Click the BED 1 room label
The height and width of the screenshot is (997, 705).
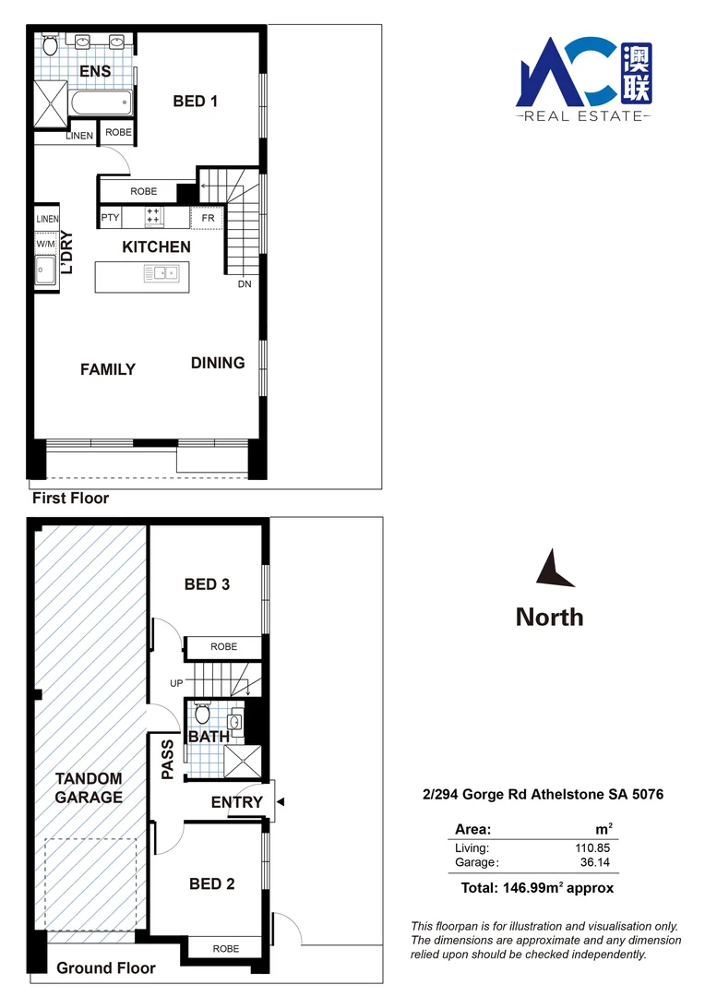click(x=195, y=102)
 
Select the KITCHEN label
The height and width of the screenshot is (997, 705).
click(x=157, y=247)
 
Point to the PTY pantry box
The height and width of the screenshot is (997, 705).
click(x=111, y=218)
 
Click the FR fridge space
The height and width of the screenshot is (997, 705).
click(x=209, y=218)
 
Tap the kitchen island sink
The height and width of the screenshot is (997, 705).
click(x=166, y=273)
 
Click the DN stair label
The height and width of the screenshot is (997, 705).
click(x=245, y=284)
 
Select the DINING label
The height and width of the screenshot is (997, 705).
click(x=218, y=363)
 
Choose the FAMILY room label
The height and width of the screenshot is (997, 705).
click(x=108, y=369)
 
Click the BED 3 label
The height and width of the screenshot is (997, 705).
click(x=207, y=584)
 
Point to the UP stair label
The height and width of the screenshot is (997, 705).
click(x=177, y=683)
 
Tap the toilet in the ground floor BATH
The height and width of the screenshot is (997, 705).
click(x=203, y=714)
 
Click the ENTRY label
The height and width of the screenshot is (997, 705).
click(x=237, y=802)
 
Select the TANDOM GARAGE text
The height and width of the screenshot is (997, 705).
click(x=89, y=787)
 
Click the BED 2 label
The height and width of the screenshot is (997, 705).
click(x=211, y=883)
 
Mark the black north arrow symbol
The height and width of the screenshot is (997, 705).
click(x=554, y=570)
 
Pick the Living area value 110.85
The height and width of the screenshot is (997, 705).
click(x=591, y=847)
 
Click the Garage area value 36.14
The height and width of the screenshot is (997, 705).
click(x=594, y=862)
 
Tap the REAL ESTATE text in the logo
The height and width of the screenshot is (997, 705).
click(x=582, y=116)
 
